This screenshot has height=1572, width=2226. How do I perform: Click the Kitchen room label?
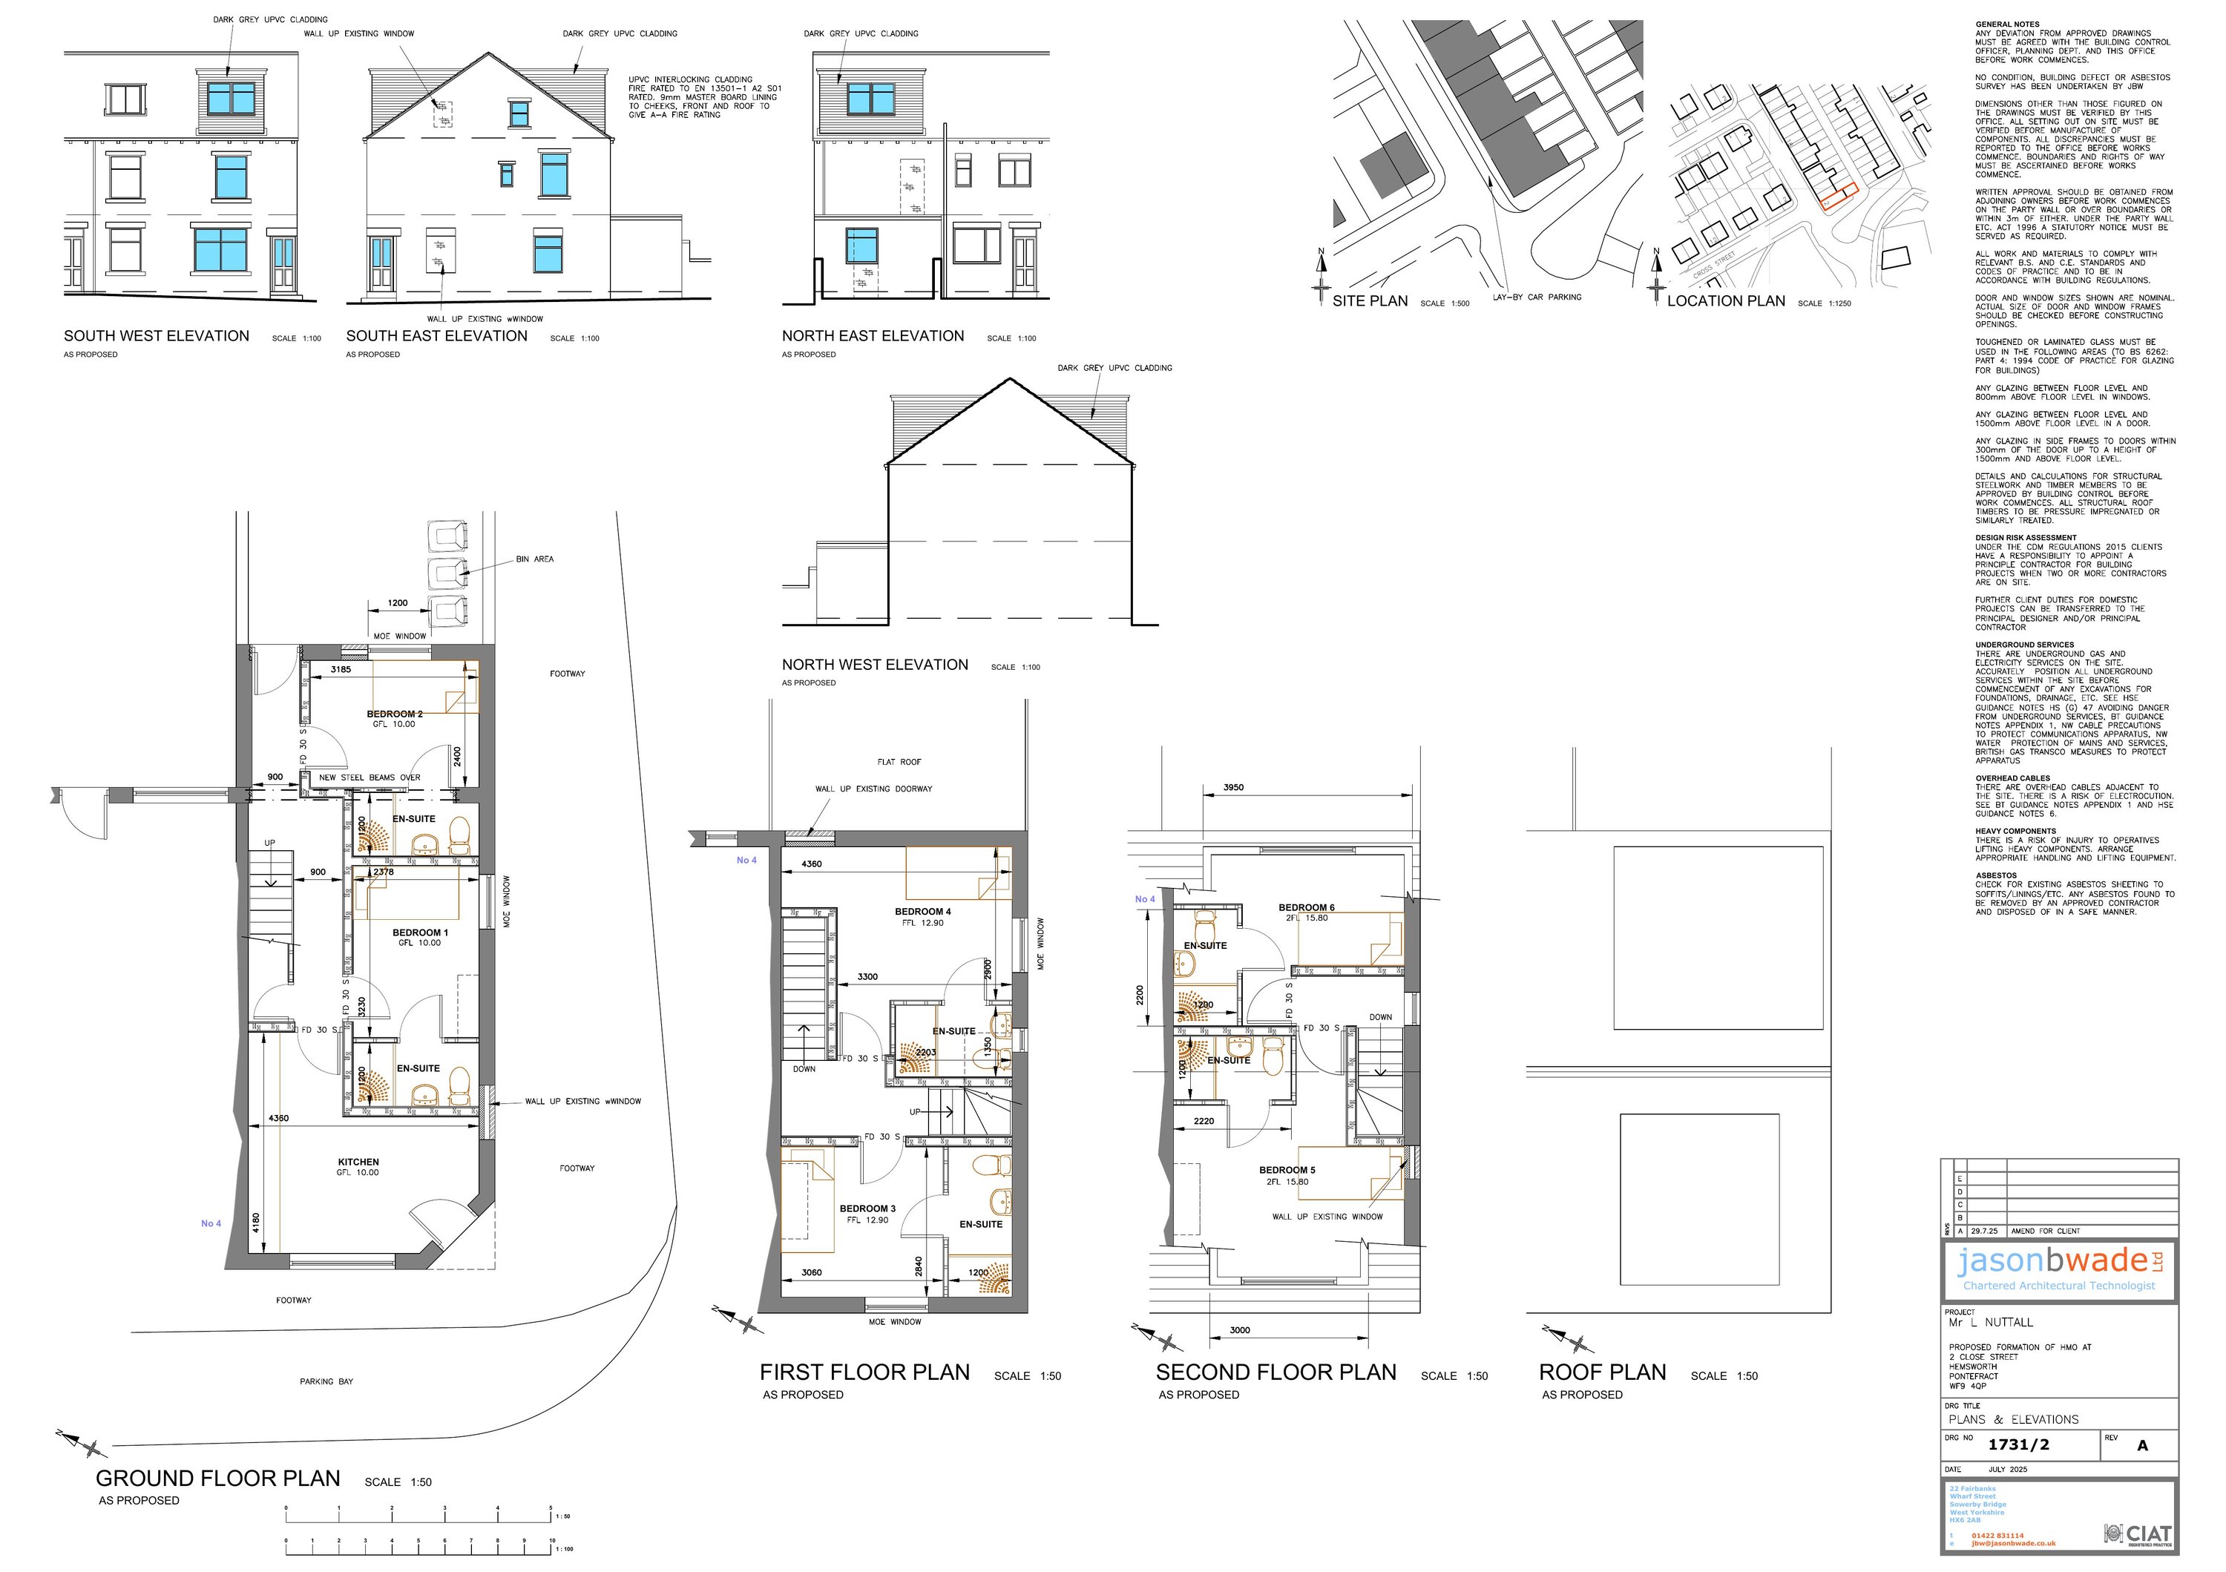point(358,1162)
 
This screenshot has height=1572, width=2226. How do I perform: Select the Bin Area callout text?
point(534,559)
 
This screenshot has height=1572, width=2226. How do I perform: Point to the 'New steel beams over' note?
point(370,777)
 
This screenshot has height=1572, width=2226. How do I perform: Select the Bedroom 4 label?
point(922,912)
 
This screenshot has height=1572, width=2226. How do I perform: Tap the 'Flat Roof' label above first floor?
point(899,762)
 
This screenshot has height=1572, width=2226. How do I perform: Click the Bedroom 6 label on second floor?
point(1306,908)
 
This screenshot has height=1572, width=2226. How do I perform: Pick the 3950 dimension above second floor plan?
point(1233,788)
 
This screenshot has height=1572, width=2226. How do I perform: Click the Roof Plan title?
point(1602,1372)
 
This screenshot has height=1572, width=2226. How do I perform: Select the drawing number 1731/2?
point(2017,1445)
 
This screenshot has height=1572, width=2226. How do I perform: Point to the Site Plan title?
point(1369,301)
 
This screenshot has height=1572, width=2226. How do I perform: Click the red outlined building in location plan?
point(1836,196)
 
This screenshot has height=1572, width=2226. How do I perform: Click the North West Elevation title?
point(875,665)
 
